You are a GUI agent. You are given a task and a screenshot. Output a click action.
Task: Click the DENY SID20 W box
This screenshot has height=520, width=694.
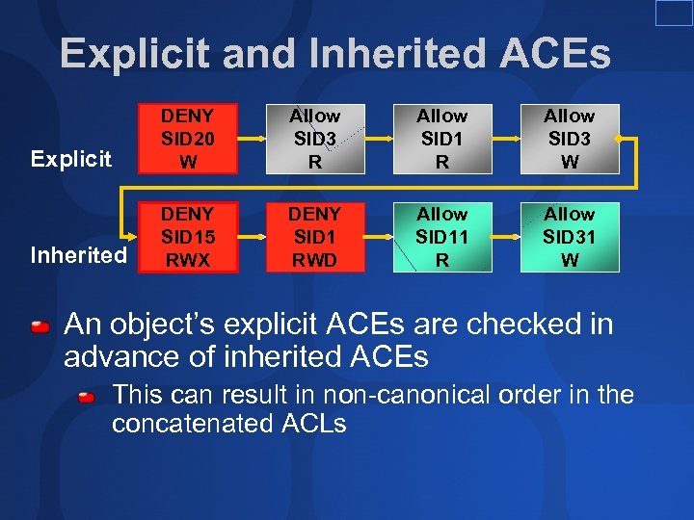(x=189, y=139)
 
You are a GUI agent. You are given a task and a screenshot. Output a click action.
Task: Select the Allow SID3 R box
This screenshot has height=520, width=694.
(x=315, y=139)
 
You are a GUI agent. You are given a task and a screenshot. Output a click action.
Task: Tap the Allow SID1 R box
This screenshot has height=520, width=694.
(x=442, y=139)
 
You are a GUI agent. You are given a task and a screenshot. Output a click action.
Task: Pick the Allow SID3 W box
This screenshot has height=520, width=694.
(x=570, y=139)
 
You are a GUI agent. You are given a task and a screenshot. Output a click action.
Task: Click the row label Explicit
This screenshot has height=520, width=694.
(x=70, y=159)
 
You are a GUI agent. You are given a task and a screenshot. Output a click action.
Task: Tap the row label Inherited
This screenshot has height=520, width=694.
(x=78, y=255)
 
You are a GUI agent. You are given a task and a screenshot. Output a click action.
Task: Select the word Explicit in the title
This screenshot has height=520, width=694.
(x=135, y=54)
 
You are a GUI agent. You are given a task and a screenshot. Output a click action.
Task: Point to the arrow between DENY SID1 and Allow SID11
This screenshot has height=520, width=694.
(x=379, y=238)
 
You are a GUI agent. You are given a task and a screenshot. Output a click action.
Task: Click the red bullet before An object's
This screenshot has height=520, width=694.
(x=40, y=327)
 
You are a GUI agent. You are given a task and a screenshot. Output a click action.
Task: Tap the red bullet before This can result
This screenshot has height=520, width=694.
(x=88, y=396)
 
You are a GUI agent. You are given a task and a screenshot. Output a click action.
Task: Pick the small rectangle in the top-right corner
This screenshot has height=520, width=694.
(x=674, y=13)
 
